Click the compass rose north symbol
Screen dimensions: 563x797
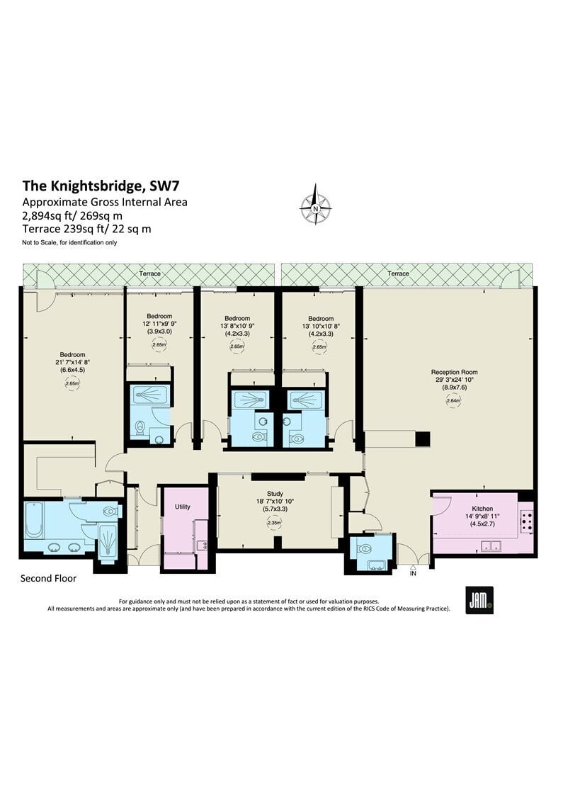pyautogui.click(x=316, y=205)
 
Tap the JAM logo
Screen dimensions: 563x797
pyautogui.click(x=479, y=600)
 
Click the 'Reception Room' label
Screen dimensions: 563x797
pyautogui.click(x=454, y=372)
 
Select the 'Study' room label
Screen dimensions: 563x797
pyautogui.click(x=275, y=494)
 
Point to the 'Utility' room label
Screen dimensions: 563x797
pyautogui.click(x=183, y=507)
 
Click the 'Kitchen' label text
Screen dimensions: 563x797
pyautogui.click(x=482, y=509)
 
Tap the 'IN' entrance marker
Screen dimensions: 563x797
pyautogui.click(x=413, y=573)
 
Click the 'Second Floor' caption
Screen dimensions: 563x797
pyautogui.click(x=48, y=578)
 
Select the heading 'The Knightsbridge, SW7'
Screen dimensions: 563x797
pyautogui.click(x=101, y=186)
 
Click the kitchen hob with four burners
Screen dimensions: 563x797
pyautogui.click(x=526, y=521)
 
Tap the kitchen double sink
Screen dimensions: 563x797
pyautogui.click(x=491, y=546)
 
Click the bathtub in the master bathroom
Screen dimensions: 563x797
pyautogui.click(x=34, y=519)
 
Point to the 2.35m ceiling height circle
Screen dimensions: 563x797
pyautogui.click(x=275, y=523)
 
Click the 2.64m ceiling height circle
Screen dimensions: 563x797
pyautogui.click(x=454, y=400)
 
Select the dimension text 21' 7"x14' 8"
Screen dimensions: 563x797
pyautogui.click(x=73, y=363)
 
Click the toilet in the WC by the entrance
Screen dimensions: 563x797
pyautogui.click(x=365, y=550)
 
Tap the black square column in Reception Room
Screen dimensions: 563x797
pyautogui.click(x=423, y=439)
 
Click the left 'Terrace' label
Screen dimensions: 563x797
pyautogui.click(x=150, y=273)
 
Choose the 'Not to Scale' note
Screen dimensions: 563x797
pyautogui.click(x=69, y=242)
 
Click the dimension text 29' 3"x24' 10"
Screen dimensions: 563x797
pyautogui.click(x=454, y=379)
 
